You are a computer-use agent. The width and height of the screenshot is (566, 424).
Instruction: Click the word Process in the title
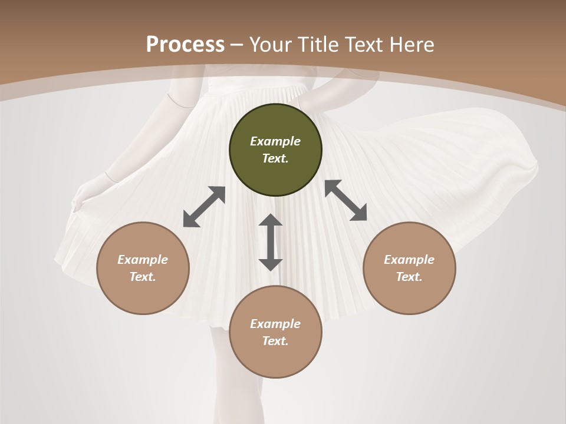point(185,44)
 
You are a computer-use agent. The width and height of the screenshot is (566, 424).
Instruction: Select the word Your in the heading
point(270,44)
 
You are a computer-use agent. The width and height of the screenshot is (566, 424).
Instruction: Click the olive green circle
point(275,150)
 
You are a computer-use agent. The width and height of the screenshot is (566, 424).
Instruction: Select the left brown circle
point(143,268)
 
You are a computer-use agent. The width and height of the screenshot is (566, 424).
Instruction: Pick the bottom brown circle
point(275,332)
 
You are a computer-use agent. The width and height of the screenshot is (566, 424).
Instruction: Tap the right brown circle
point(409,268)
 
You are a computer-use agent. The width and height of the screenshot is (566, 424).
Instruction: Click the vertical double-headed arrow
point(271,242)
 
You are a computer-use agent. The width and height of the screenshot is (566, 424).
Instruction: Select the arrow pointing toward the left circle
point(204,207)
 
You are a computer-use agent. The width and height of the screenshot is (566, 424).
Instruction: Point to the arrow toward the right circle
point(345,200)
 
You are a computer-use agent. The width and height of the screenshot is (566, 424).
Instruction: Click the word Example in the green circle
point(275,141)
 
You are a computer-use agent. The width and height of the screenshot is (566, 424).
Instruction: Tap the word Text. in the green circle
point(275,159)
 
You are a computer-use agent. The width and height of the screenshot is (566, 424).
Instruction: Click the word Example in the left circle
point(143,260)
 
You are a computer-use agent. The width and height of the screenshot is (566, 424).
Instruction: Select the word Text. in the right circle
point(409,277)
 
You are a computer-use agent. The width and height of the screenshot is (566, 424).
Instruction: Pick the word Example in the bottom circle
point(275,324)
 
